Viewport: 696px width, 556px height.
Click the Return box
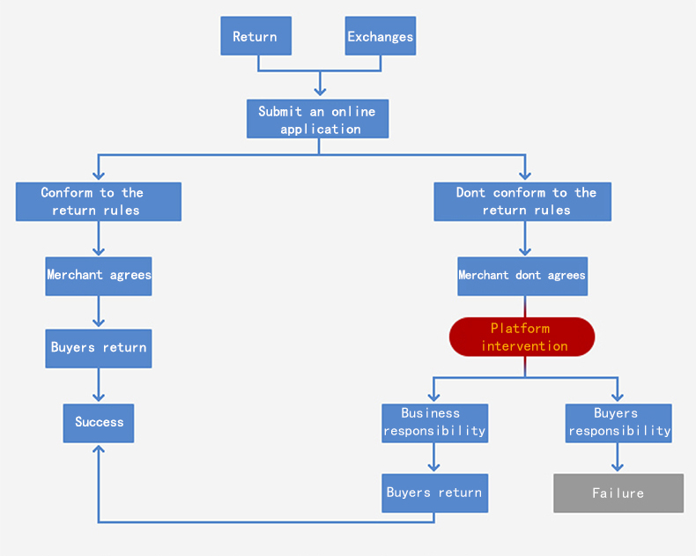click(255, 37)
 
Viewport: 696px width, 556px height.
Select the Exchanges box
click(380, 37)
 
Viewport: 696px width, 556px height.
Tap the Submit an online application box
click(317, 119)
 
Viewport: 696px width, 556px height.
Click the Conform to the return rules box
click(99, 202)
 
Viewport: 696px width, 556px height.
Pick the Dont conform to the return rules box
click(522, 202)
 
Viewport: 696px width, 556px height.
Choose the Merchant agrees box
click(99, 276)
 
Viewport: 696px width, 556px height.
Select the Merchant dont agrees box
click(522, 276)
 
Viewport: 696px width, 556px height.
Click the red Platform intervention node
click(522, 337)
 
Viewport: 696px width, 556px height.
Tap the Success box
click(99, 423)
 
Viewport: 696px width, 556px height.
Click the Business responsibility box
click(434, 423)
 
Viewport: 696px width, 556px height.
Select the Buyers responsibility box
click(618, 423)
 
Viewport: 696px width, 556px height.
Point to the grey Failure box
click(618, 493)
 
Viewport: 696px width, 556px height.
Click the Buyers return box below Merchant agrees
click(99, 348)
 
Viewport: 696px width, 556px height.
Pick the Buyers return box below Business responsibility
click(434, 493)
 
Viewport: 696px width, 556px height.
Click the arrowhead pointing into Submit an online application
click(320, 90)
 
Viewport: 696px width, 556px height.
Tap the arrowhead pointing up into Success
click(99, 449)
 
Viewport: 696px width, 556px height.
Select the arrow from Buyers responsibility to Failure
click(618, 458)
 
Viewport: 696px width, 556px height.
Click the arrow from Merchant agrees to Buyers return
click(99, 312)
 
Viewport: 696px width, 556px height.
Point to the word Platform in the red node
click(520, 329)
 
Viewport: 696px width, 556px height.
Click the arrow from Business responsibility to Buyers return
click(433, 458)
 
